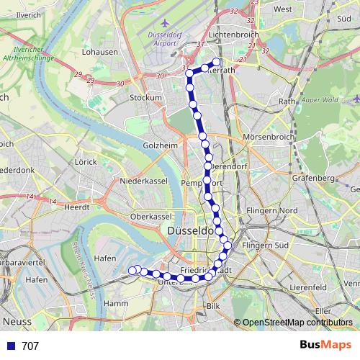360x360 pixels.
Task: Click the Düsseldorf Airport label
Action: click(x=167, y=38)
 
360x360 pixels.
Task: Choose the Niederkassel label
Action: click(x=143, y=180)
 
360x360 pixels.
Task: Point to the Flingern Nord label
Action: click(x=272, y=210)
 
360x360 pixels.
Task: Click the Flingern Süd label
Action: click(x=269, y=246)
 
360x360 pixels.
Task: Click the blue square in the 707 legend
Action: click(x=10, y=346)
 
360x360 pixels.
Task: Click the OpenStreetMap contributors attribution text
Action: click(x=297, y=323)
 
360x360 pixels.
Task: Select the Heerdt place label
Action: click(x=77, y=206)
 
